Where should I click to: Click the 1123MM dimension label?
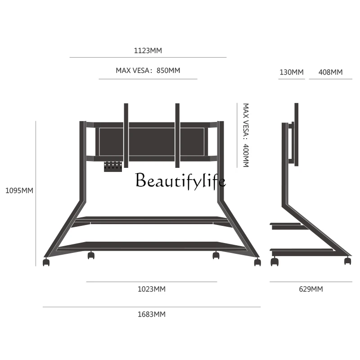[x=148, y=50]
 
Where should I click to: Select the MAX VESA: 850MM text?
[x=148, y=71]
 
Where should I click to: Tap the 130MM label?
[x=291, y=72]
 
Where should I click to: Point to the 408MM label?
[x=330, y=72]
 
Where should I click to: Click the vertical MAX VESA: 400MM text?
[x=246, y=135]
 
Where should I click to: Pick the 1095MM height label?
[x=19, y=190]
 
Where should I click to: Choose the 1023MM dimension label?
[x=151, y=289]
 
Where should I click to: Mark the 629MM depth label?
[x=310, y=289]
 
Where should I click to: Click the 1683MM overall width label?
[x=151, y=314]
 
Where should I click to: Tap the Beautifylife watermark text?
[x=180, y=181]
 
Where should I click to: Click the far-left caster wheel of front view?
[x=46, y=262]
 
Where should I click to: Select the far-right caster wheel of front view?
[x=257, y=262]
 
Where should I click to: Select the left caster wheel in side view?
[x=274, y=262]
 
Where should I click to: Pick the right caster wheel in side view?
[x=347, y=261]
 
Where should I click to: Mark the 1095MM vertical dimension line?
[x=36, y=193]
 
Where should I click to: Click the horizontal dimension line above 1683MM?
[x=151, y=307]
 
